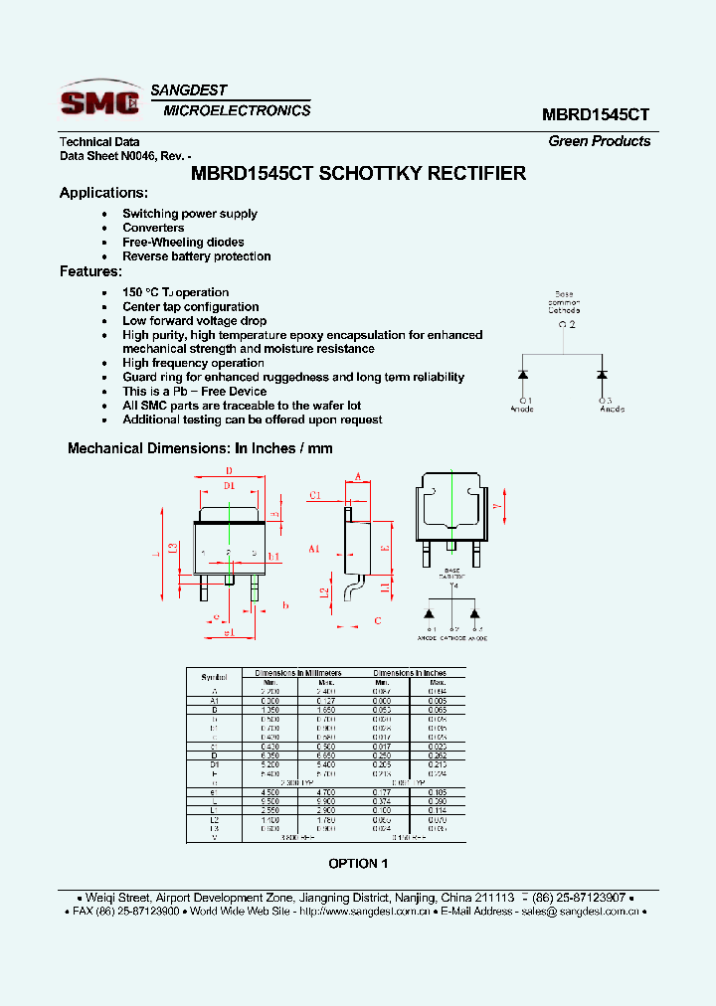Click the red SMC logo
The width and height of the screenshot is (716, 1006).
pyautogui.click(x=99, y=101)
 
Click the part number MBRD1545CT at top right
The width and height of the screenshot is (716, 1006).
pyautogui.click(x=596, y=114)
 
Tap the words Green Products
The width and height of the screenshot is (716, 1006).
pyautogui.click(x=599, y=141)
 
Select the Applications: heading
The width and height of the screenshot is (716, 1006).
pyautogui.click(x=103, y=193)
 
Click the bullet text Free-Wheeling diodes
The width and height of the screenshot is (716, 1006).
pyautogui.click(x=183, y=242)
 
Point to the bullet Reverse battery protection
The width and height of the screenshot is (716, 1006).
pyautogui.click(x=196, y=256)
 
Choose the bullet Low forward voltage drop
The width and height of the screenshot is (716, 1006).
pyautogui.click(x=194, y=321)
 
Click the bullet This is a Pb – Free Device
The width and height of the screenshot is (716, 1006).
pyautogui.click(x=194, y=392)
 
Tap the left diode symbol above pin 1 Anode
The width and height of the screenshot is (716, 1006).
pyautogui.click(x=523, y=375)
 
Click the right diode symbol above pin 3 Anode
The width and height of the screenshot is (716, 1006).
pyautogui.click(x=602, y=375)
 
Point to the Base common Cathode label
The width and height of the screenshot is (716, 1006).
pyautogui.click(x=564, y=302)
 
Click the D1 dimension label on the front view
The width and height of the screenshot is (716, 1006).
pyautogui.click(x=229, y=485)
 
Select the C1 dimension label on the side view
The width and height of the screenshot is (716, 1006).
pyautogui.click(x=314, y=494)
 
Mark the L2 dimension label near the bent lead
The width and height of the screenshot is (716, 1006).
pyautogui.click(x=324, y=593)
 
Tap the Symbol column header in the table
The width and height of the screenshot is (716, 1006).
pyautogui.click(x=214, y=677)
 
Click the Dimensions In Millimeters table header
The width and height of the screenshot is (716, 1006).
pyautogui.click(x=297, y=673)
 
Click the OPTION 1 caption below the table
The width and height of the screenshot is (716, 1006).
pyautogui.click(x=358, y=863)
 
